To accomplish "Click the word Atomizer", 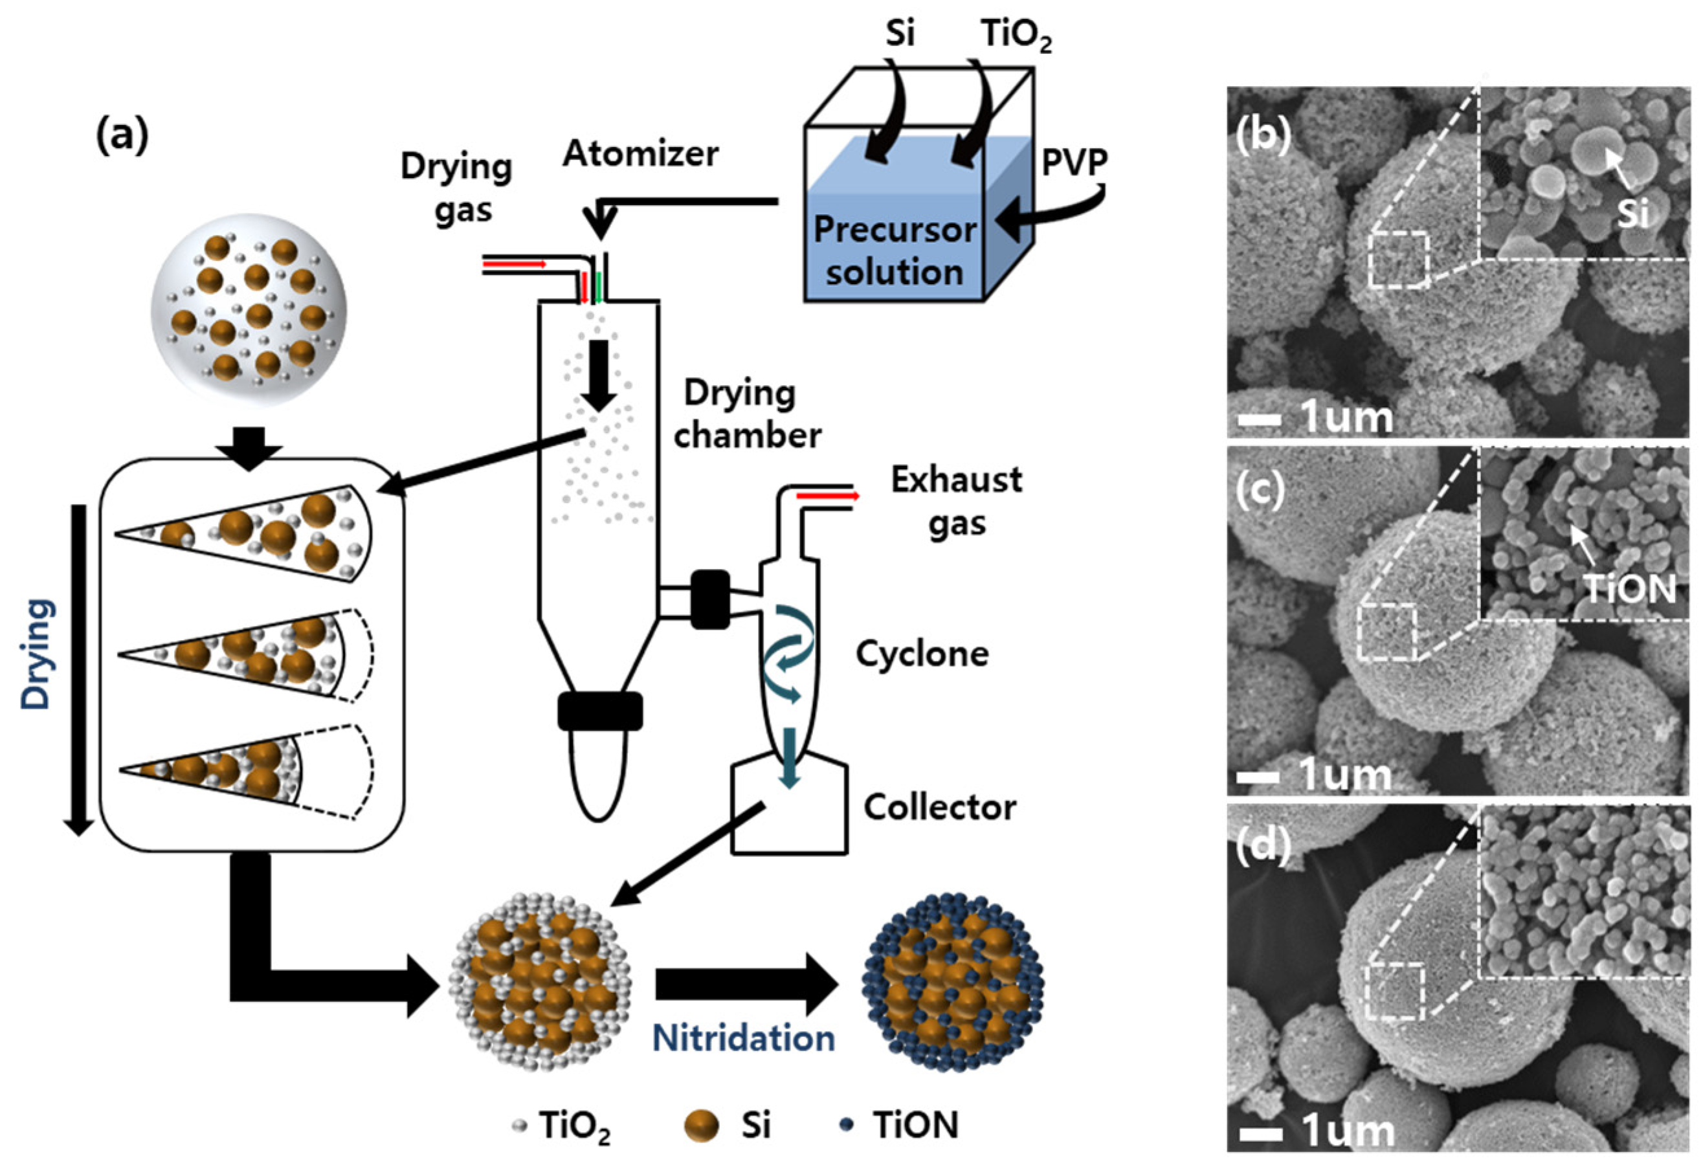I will (x=640, y=155).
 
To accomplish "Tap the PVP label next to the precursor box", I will (x=1074, y=162).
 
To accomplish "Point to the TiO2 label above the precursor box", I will (x=1016, y=35).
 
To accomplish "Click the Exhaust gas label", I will (x=955, y=502).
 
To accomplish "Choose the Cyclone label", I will (x=922, y=654).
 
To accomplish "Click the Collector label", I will (x=939, y=807).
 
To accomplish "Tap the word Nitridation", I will (x=743, y=1039).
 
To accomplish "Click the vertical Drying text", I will (x=37, y=654).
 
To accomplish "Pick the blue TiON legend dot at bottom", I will (x=847, y=1125).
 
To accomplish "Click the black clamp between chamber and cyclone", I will (x=709, y=599).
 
